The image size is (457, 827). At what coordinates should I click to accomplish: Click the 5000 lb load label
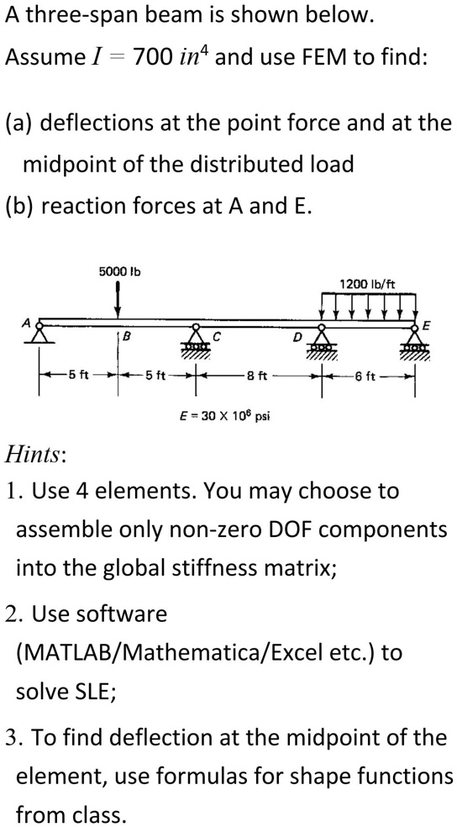(119, 271)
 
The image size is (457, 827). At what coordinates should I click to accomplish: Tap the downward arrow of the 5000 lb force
(118, 300)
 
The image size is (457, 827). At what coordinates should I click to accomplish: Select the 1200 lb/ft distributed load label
(367, 284)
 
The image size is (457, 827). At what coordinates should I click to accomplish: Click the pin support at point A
(39, 334)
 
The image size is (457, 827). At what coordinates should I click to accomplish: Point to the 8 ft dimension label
(257, 376)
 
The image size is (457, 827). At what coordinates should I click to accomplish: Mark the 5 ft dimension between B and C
(155, 376)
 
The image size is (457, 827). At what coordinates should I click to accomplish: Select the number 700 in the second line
(151, 56)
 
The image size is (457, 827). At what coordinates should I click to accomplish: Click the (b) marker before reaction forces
(19, 206)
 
